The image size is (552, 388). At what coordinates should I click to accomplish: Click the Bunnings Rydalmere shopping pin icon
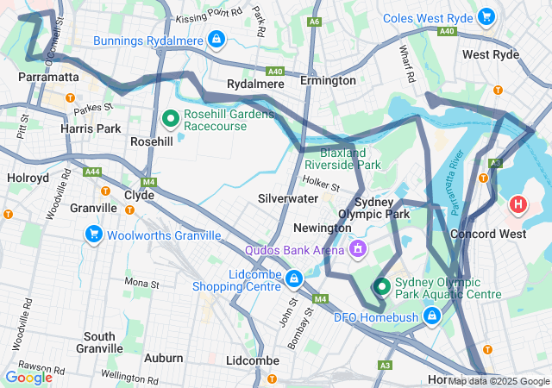click(x=215, y=40)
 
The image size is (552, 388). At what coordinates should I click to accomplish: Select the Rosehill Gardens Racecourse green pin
click(x=171, y=117)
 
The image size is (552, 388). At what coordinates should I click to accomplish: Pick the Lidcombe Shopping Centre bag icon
click(x=295, y=279)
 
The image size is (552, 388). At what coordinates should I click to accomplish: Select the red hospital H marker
click(x=517, y=204)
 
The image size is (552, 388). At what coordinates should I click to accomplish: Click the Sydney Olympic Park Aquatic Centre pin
click(x=381, y=286)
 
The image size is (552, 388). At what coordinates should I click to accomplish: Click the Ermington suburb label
click(x=328, y=81)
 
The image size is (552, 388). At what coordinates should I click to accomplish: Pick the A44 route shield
click(x=92, y=172)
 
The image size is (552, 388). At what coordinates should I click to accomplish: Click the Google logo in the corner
click(x=28, y=377)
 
